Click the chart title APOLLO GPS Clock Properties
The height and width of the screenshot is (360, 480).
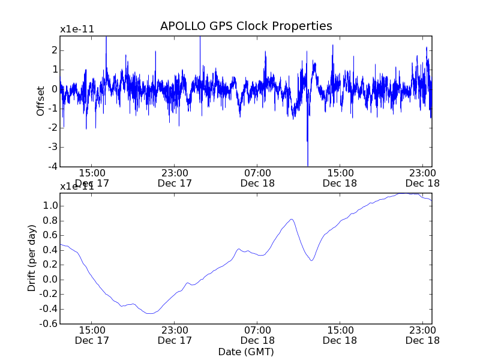coord(246,26)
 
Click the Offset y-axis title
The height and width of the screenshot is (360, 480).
coord(41,101)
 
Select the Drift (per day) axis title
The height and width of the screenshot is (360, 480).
coord(32,258)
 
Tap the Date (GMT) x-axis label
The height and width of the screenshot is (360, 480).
coord(246,351)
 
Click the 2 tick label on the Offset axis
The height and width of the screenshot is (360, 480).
coord(54,50)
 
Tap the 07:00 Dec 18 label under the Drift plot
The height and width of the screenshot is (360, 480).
coord(257,335)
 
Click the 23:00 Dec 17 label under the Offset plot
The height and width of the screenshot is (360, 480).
coord(174,178)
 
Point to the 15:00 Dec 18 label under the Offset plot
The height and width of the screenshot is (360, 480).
coord(340,178)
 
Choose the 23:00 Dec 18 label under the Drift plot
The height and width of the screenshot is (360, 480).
coord(423,335)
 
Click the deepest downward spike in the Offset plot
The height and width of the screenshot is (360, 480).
coord(308,164)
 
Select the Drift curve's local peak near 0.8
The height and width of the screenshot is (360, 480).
coord(292,220)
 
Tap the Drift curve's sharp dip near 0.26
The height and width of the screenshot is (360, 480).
coord(311,260)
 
